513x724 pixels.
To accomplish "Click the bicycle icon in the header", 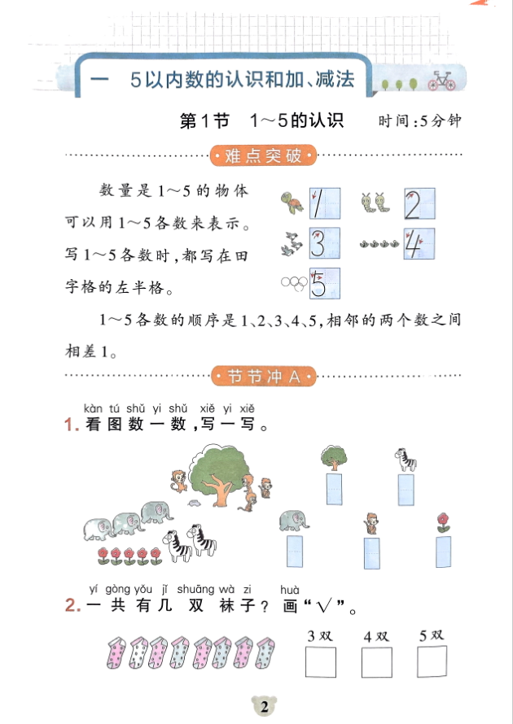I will point(441,81).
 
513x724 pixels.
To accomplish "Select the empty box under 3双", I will point(321,662).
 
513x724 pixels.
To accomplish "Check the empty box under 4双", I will point(377,662).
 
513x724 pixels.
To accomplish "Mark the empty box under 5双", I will point(432,662).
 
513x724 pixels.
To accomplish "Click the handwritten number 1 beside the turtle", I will point(323,204).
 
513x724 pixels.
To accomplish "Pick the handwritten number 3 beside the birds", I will point(323,243).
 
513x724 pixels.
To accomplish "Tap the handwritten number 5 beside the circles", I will point(323,282).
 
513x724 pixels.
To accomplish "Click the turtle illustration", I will point(289,203).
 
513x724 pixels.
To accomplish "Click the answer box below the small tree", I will point(332,488).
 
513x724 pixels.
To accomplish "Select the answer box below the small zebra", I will point(406,488).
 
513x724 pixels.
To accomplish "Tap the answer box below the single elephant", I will point(294,551).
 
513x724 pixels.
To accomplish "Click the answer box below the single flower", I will point(443,551).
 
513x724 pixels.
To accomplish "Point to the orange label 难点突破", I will point(262,155).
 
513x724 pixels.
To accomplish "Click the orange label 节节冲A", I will point(262,376).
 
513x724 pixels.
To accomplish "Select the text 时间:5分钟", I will point(419,121).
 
